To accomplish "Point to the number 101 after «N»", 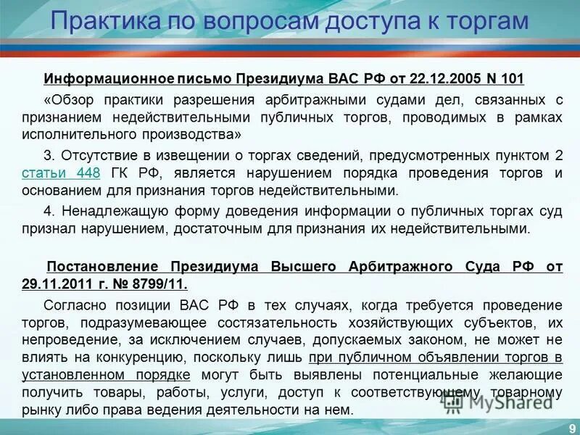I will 511,78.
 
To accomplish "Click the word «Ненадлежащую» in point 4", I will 104,210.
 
